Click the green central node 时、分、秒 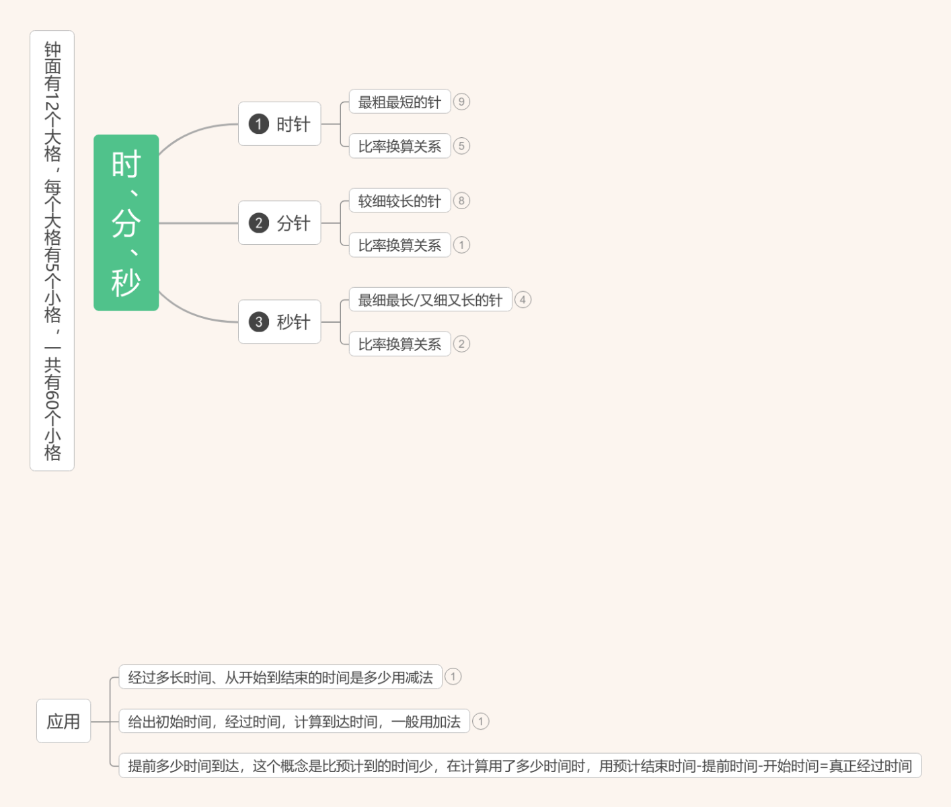(x=126, y=223)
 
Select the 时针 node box (x=279, y=124)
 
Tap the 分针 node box (x=279, y=223)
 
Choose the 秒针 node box (x=279, y=321)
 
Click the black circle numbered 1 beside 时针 (x=258, y=124)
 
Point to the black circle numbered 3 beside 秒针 (x=258, y=322)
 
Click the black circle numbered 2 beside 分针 (x=258, y=223)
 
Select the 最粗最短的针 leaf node (x=400, y=102)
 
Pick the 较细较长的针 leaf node (x=400, y=200)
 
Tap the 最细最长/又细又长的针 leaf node (x=430, y=299)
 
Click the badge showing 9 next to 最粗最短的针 (x=461, y=102)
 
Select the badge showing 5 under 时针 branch (x=461, y=146)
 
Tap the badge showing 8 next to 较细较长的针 (x=461, y=200)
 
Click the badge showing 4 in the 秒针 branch (x=523, y=299)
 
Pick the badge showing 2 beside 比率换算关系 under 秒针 (x=461, y=344)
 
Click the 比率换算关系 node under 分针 (x=400, y=245)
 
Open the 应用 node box (x=63, y=721)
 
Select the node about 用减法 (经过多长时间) (x=280, y=677)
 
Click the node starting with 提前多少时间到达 (x=520, y=765)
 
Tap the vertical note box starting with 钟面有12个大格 (x=52, y=251)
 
